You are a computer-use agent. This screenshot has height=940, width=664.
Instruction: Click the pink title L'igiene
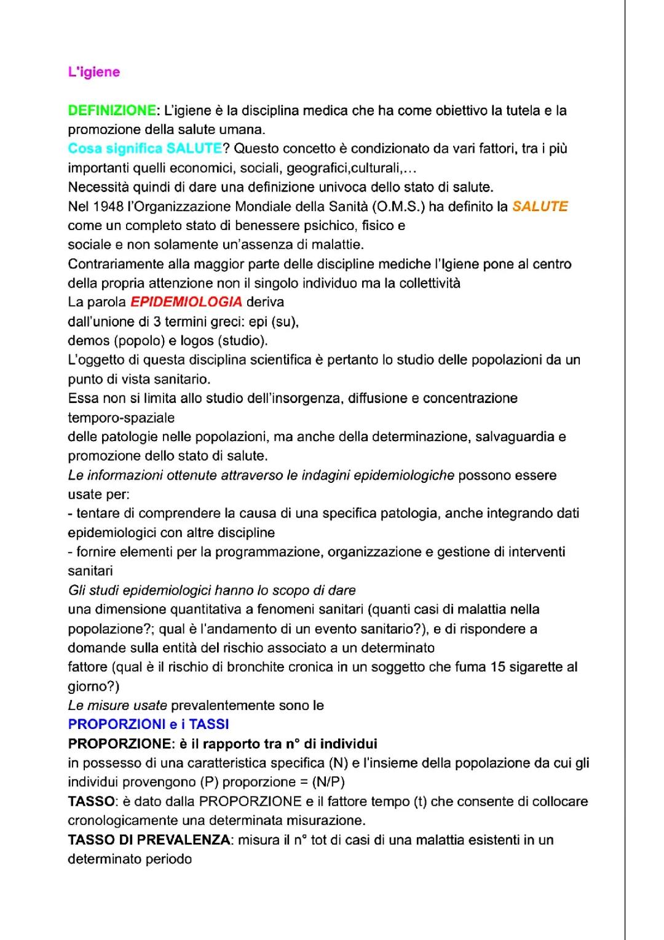pyautogui.click(x=93, y=72)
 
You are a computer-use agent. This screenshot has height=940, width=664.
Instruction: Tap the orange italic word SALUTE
pyautogui.click(x=540, y=207)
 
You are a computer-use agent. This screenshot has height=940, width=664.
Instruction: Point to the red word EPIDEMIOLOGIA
pyautogui.click(x=186, y=302)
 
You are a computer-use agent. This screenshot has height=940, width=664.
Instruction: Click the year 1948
pyautogui.click(x=107, y=207)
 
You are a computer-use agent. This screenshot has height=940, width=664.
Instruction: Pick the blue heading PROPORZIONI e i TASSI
pyautogui.click(x=148, y=725)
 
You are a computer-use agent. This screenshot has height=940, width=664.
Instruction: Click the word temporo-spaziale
pyautogui.click(x=121, y=418)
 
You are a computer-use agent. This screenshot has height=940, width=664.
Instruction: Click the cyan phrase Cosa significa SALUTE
pyautogui.click(x=144, y=149)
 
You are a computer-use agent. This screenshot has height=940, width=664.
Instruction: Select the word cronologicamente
pyautogui.click(x=127, y=821)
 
